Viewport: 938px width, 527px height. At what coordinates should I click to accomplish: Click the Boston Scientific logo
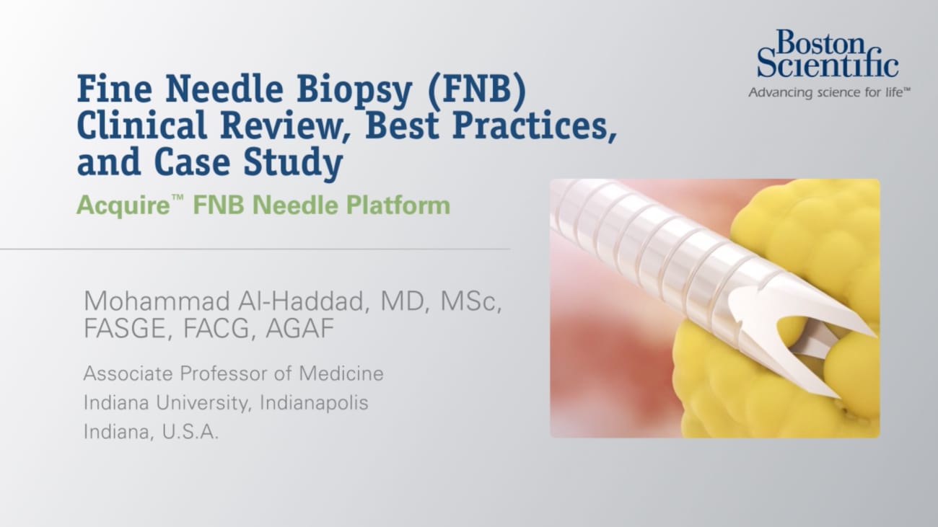tap(827, 55)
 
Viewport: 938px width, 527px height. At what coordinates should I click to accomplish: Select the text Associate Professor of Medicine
tap(233, 373)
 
